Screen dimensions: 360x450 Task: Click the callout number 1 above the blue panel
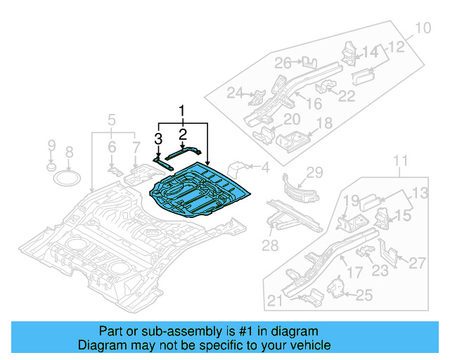click(182, 111)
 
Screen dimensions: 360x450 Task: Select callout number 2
click(182, 134)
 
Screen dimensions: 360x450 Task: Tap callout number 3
click(159, 139)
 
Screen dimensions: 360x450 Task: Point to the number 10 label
click(421, 29)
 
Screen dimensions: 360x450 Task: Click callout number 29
click(314, 172)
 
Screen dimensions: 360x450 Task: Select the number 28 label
click(270, 245)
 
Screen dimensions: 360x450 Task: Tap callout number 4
click(265, 167)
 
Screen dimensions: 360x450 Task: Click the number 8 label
click(69, 152)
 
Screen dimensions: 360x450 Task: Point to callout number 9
click(51, 146)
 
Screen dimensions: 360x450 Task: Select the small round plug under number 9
click(51, 167)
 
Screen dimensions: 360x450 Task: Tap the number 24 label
click(234, 93)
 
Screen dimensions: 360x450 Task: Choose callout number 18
click(324, 124)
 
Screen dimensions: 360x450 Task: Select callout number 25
click(364, 296)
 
